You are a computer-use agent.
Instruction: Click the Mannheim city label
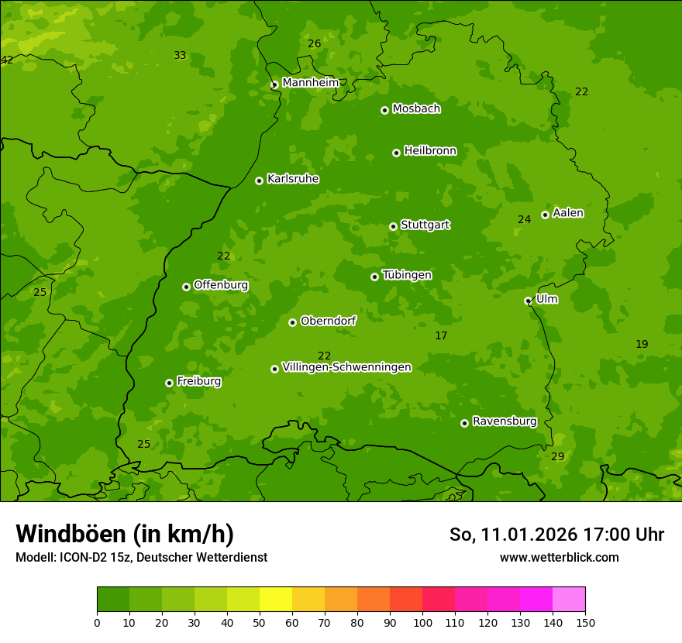(310, 83)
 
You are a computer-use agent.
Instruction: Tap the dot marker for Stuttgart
(393, 226)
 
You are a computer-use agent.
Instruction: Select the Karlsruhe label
(292, 179)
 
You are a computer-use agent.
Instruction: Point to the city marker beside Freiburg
(169, 383)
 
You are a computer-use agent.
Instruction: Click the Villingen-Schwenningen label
(346, 367)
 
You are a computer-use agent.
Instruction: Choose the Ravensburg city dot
(464, 423)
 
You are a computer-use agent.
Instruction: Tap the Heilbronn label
(430, 151)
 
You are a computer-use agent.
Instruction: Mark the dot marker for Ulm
(528, 301)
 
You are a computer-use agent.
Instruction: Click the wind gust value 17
(441, 336)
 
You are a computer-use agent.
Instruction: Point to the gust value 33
(180, 56)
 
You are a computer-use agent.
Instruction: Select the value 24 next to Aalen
(525, 220)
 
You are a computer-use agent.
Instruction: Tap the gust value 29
(558, 457)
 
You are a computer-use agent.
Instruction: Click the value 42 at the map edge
(7, 60)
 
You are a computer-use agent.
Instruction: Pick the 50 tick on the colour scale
(260, 622)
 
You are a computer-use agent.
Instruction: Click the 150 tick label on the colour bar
(585, 622)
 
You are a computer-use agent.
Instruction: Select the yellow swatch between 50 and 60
(276, 600)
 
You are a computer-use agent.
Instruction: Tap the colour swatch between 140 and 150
(569, 600)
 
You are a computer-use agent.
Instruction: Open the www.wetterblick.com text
(559, 557)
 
